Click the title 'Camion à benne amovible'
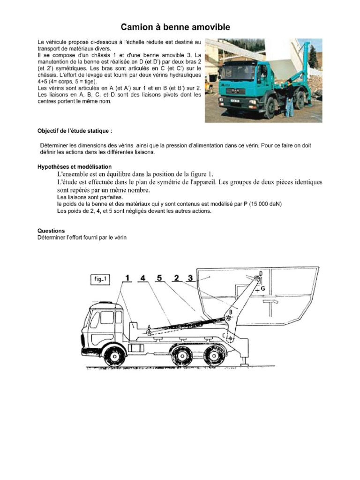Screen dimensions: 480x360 (176, 28)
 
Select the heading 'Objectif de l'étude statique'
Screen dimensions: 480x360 (75, 130)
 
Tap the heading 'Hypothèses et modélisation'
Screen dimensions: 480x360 (75, 166)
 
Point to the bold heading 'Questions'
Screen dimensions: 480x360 (51, 231)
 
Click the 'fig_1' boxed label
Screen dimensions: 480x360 (100, 280)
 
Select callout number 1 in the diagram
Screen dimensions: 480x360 (127, 278)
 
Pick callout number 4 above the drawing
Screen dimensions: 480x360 (143, 278)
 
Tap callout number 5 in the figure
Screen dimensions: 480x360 (159, 278)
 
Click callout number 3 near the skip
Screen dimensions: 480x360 (190, 278)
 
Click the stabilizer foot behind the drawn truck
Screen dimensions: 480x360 (244, 361)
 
